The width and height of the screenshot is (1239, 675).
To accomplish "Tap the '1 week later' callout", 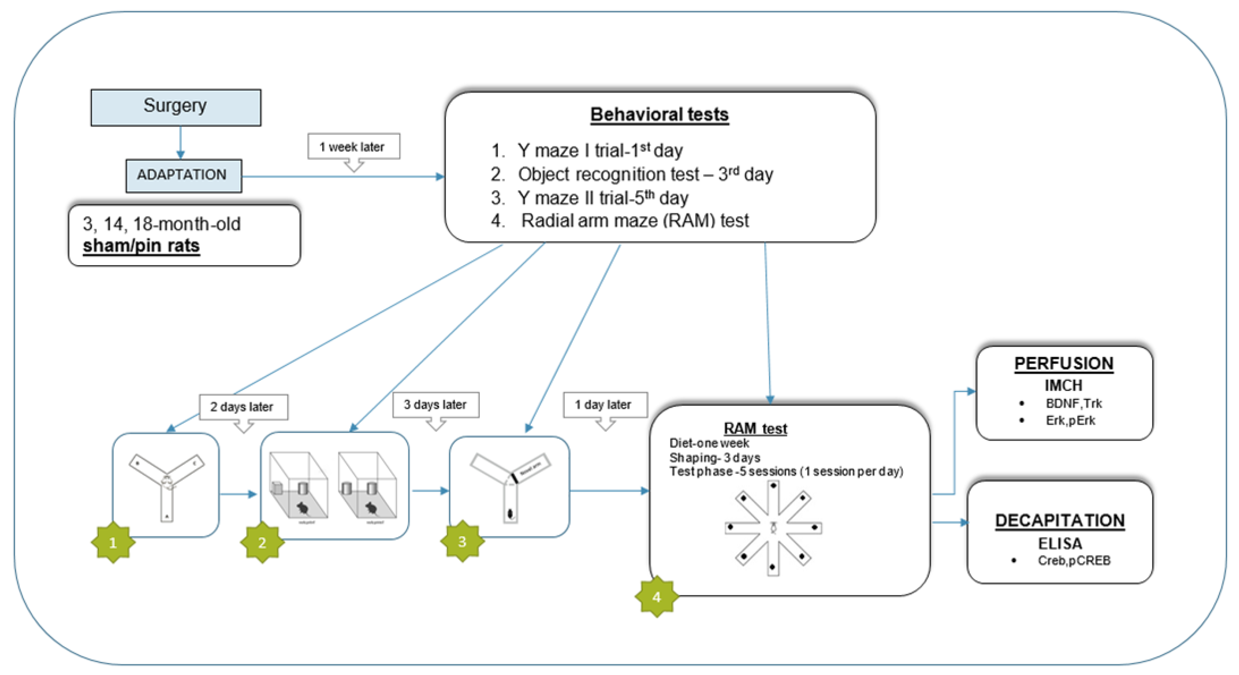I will tap(353, 147).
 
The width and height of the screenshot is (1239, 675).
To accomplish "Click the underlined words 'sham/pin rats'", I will tap(141, 246).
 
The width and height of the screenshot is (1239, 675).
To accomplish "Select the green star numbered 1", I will tap(113, 542).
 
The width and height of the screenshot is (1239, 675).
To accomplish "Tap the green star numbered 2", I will tap(262, 542).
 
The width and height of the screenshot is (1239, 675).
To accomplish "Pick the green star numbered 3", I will tap(462, 541).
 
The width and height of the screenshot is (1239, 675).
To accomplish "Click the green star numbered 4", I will tap(656, 597).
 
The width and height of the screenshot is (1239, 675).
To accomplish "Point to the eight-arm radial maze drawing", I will tap(773, 528).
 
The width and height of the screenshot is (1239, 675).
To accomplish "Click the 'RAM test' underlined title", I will tap(755, 428).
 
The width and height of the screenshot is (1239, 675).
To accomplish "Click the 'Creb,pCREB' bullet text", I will tap(1074, 560).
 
